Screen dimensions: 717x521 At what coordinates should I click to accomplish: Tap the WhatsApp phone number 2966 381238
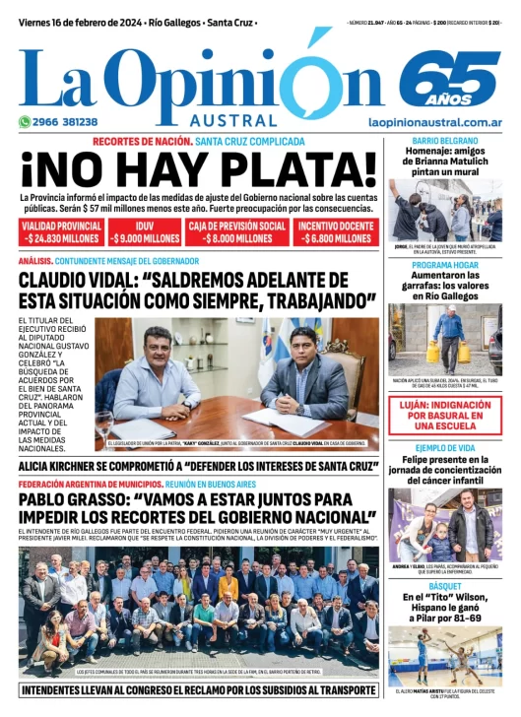pos(59,122)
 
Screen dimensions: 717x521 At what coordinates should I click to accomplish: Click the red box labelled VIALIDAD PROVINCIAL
pos(61,231)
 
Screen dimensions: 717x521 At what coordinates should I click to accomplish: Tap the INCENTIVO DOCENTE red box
pos(336,231)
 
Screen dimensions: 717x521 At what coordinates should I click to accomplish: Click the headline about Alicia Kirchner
pos(197,466)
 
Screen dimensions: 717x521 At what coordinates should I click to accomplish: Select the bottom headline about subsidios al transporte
pos(197,691)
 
